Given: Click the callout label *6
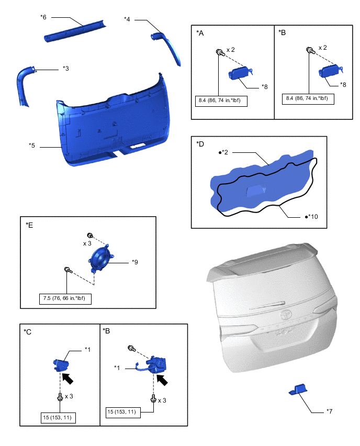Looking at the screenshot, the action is pyautogui.click(x=43, y=17).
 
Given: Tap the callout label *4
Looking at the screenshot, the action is pyautogui.click(x=127, y=19).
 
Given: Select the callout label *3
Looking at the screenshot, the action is pyautogui.click(x=66, y=69).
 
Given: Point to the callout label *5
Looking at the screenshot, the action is pyautogui.click(x=31, y=146).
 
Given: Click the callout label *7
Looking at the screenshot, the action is pyautogui.click(x=329, y=411).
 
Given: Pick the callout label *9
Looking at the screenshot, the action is pyautogui.click(x=135, y=262).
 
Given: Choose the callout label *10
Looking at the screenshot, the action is pyautogui.click(x=311, y=217).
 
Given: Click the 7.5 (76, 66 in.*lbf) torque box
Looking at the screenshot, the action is pyautogui.click(x=65, y=299).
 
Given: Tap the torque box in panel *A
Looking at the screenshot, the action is pyautogui.click(x=221, y=101).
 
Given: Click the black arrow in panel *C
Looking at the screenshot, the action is pyautogui.click(x=67, y=378).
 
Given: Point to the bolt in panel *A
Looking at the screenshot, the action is pyautogui.click(x=220, y=53).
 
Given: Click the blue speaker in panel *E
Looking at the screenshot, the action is pyautogui.click(x=101, y=259).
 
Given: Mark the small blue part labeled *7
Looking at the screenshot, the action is pyautogui.click(x=298, y=389).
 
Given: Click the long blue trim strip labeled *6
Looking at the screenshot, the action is pyautogui.click(x=75, y=31).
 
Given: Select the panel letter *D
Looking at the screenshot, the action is pyautogui.click(x=200, y=144).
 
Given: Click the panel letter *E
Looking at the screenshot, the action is pyautogui.click(x=29, y=225).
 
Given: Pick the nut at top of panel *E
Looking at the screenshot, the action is pyautogui.click(x=89, y=235).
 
